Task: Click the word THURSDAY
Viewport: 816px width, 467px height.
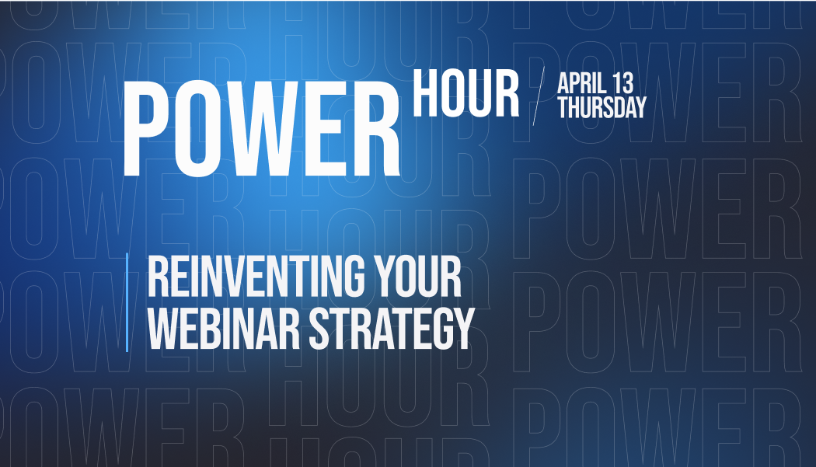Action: pyautogui.click(x=602, y=108)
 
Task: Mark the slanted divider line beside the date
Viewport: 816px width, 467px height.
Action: pyautogui.click(x=538, y=97)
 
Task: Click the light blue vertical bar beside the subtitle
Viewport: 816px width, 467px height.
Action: pyautogui.click(x=127, y=302)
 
